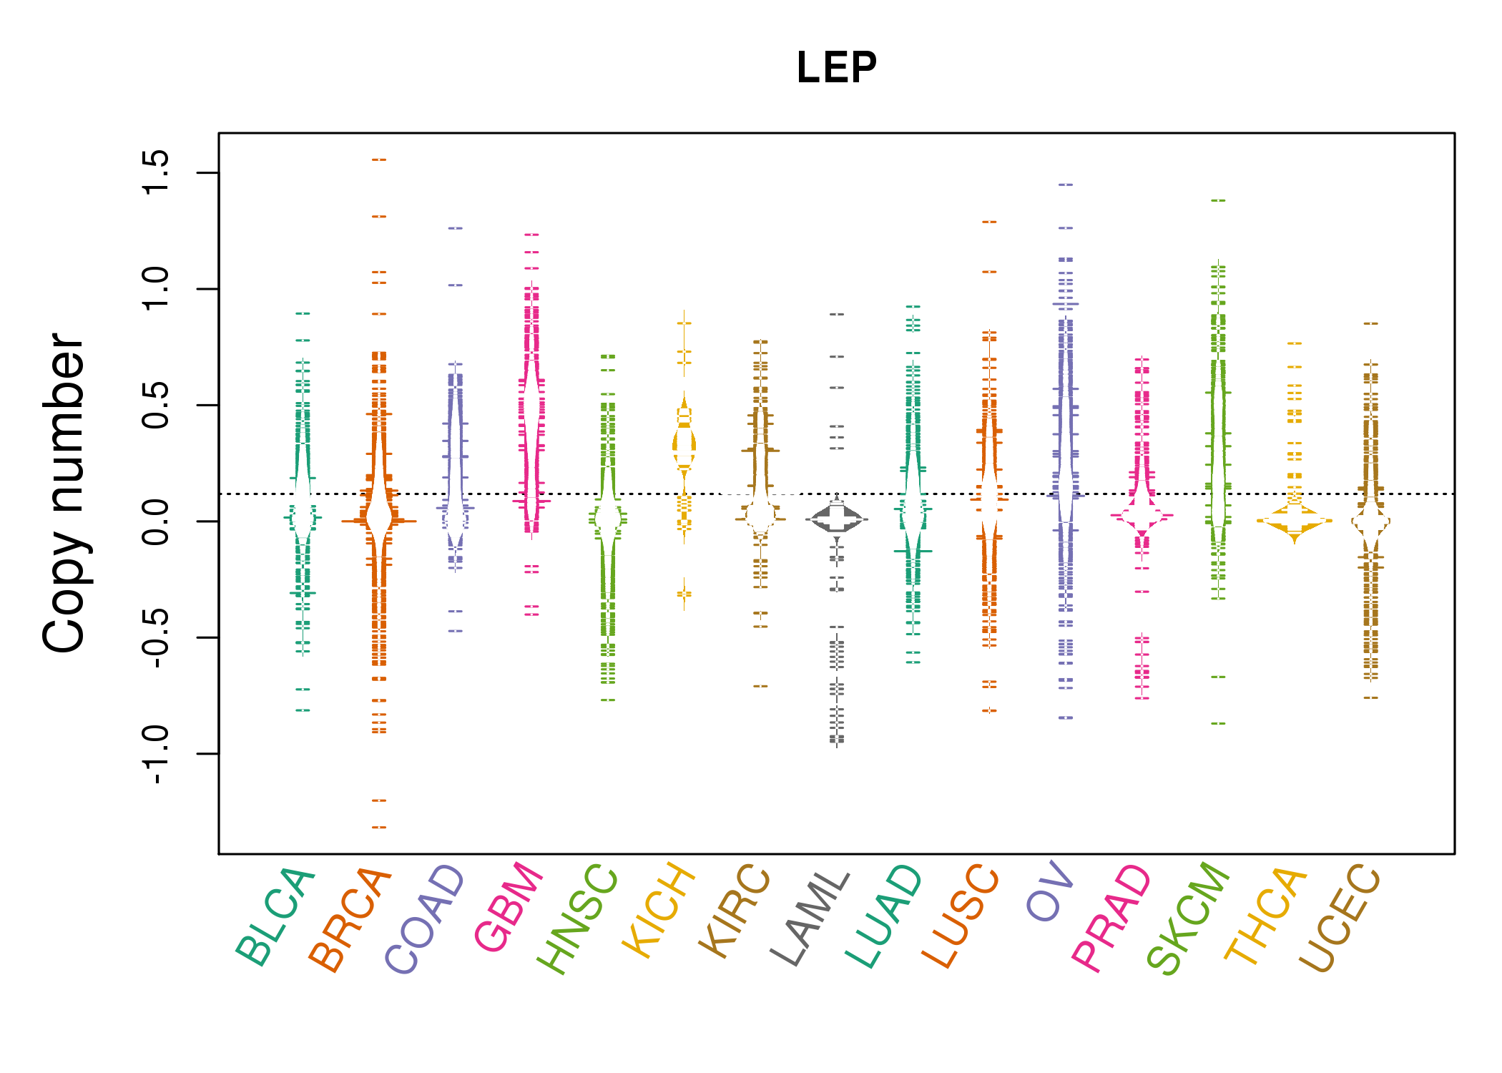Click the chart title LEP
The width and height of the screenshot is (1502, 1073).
[836, 68]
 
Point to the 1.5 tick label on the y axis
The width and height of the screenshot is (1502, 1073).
[156, 172]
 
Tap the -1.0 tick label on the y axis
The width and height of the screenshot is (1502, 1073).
[156, 754]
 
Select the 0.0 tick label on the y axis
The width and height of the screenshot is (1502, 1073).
[156, 521]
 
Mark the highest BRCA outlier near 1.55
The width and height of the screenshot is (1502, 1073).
[379, 160]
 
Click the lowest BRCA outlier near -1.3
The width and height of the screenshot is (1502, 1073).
[379, 827]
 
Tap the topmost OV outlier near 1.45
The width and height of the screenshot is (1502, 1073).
[1066, 185]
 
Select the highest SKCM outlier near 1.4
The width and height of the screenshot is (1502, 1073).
[1218, 200]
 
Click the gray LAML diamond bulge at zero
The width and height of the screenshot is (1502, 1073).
[837, 519]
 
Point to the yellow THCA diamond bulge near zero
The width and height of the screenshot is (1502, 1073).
[1295, 521]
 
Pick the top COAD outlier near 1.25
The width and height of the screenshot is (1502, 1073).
[455, 228]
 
